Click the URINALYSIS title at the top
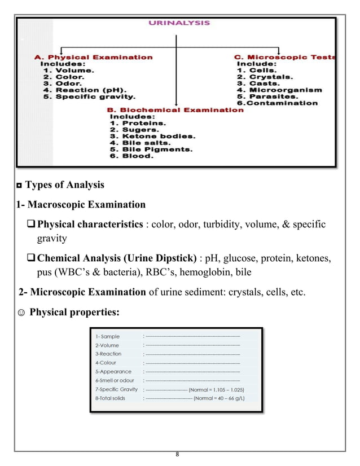tap(179, 23)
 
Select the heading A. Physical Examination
tap(93, 57)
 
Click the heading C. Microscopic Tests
tap(286, 57)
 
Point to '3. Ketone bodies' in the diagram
tap(152, 136)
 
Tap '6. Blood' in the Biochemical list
tap(131, 156)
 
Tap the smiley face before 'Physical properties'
tap(21, 313)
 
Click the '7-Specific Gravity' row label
tap(117, 389)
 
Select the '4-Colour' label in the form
tap(106, 363)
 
